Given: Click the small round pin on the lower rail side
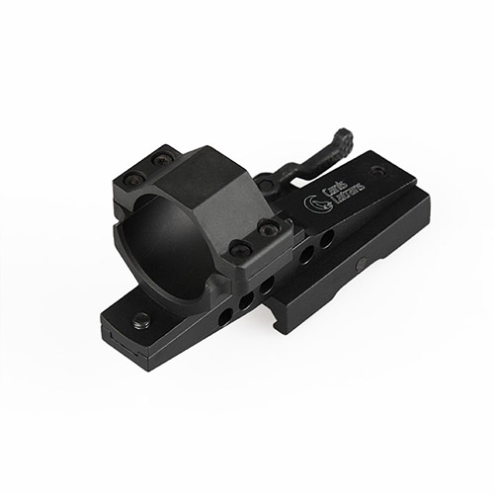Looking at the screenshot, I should tap(363, 263).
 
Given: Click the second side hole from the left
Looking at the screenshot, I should tap(243, 298).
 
